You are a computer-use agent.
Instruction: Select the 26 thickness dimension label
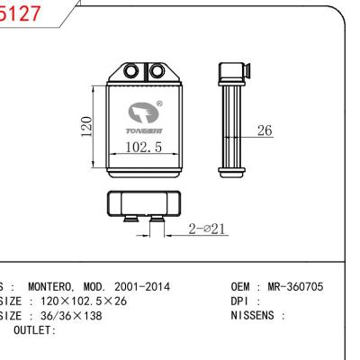pos(265,131)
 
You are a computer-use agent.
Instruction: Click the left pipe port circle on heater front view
pos(131,72)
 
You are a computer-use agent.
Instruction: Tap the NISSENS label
pos(256,316)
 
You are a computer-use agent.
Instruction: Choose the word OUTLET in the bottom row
pos(34,330)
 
